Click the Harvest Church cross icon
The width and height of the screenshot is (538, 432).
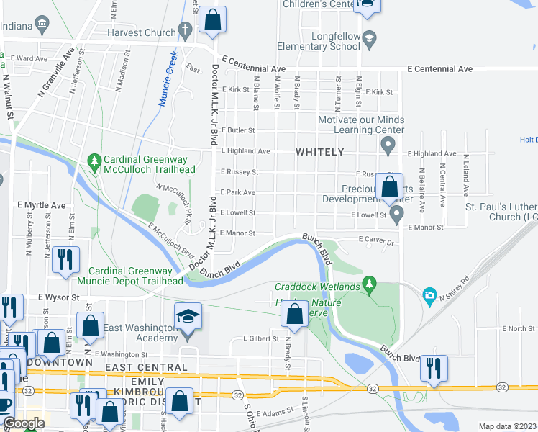(185, 31)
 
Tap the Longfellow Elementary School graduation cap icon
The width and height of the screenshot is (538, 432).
(370, 37)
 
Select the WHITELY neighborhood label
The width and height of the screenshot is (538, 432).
(320, 153)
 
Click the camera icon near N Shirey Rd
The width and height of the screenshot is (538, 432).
(429, 295)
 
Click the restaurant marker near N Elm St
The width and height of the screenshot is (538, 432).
(65, 260)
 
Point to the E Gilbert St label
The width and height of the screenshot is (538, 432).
(260, 338)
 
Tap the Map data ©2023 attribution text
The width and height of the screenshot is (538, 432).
(507, 426)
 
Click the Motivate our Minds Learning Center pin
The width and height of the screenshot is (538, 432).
(388, 148)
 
